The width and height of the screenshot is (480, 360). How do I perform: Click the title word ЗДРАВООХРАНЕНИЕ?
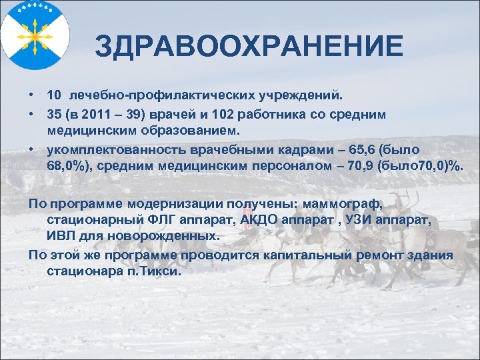tap(249, 47)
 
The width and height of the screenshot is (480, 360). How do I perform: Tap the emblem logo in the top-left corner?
tap(33, 32)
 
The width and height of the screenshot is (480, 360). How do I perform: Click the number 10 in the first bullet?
tap(54, 97)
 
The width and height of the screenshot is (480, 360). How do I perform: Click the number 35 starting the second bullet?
tap(54, 115)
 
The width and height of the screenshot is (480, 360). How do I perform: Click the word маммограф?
tap(341, 204)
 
